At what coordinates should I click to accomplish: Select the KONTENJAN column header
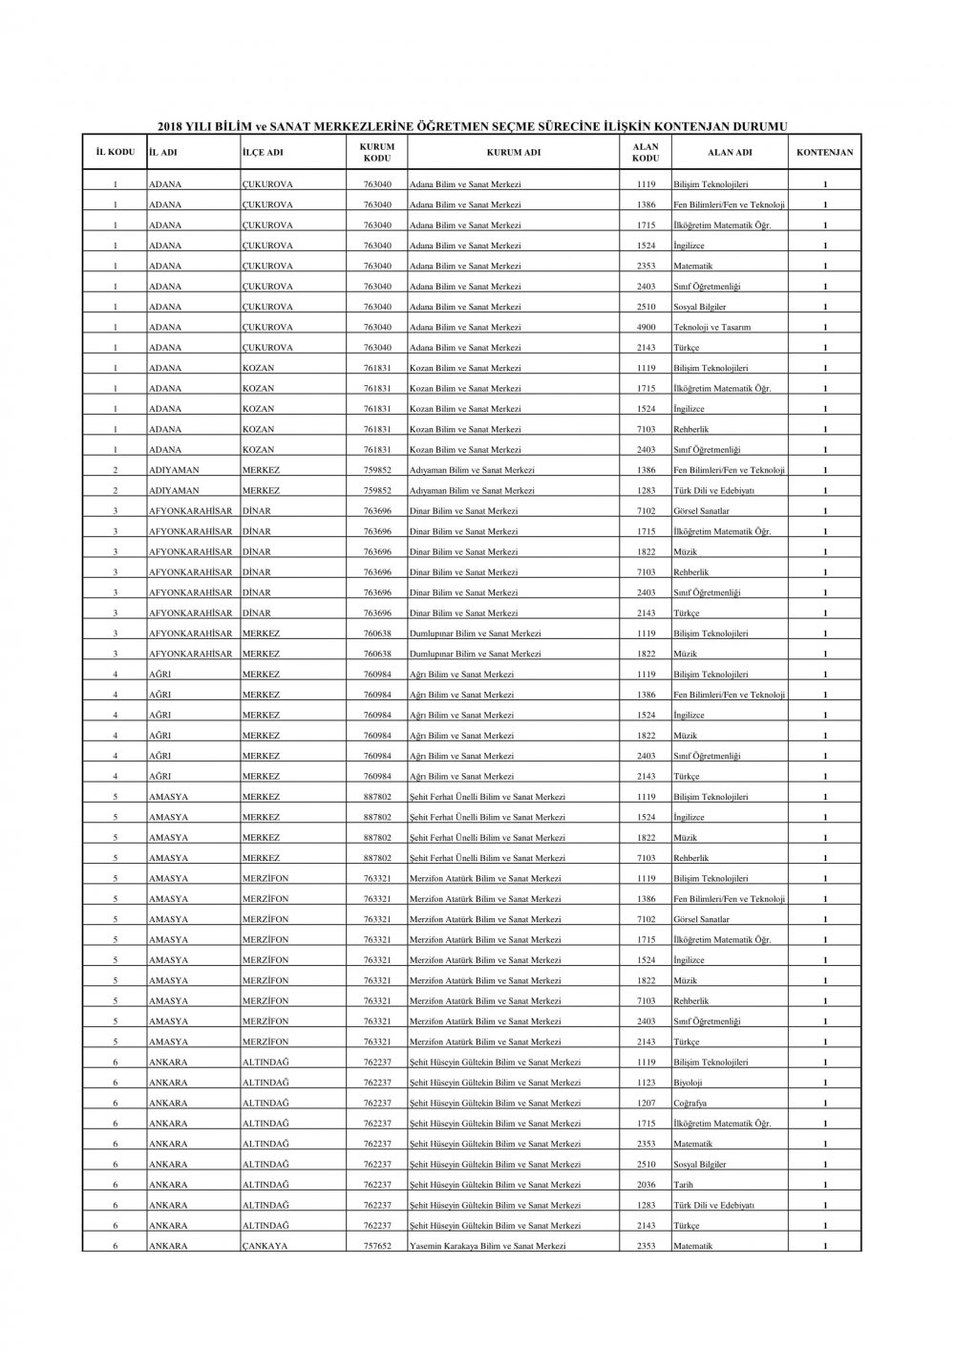(x=825, y=152)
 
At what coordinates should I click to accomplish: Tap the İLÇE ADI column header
(x=263, y=152)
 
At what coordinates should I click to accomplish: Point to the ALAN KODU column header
(x=646, y=152)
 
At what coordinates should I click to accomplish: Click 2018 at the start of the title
(x=168, y=126)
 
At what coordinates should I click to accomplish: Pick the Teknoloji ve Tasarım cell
(x=711, y=328)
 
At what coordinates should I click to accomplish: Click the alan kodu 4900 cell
(x=646, y=328)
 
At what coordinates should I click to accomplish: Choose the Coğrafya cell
(x=690, y=1104)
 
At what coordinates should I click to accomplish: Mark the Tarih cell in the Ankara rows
(x=684, y=1185)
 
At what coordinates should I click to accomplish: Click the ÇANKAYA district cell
(x=265, y=1246)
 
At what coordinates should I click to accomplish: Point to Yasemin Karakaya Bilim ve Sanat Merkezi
(x=487, y=1246)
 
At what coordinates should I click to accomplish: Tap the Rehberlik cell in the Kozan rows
(x=691, y=430)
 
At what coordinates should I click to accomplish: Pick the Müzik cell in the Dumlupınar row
(x=686, y=654)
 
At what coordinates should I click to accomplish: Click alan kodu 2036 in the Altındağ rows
(x=646, y=1185)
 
